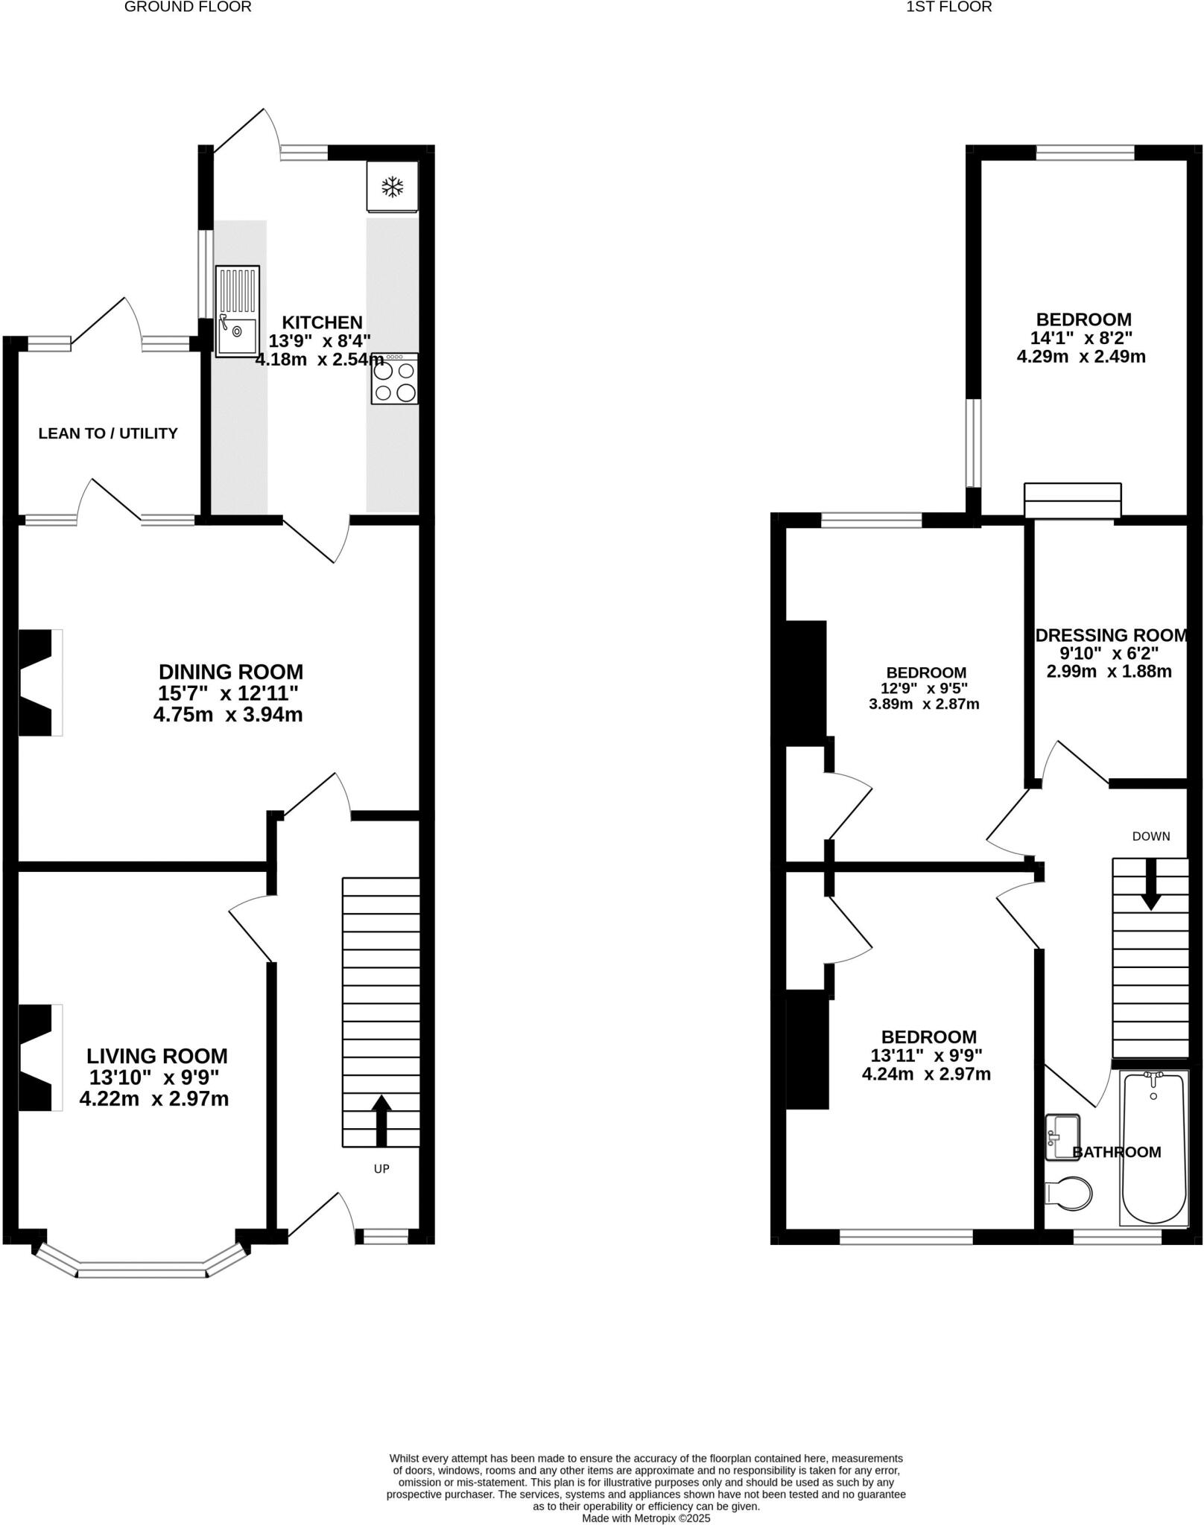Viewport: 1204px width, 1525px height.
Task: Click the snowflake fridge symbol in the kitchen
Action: (392, 187)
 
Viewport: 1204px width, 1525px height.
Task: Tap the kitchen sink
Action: (238, 311)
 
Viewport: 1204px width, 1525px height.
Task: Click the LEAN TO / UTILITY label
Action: (108, 433)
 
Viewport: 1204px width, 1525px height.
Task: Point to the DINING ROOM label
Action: (231, 672)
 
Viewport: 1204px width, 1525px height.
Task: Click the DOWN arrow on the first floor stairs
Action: (1150, 884)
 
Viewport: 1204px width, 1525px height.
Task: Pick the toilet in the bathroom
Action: (1069, 1193)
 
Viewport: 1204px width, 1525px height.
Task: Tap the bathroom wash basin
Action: (1062, 1137)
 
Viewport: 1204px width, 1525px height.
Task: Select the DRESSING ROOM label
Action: (1111, 635)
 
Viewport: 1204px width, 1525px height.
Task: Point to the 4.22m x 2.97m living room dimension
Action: (154, 1098)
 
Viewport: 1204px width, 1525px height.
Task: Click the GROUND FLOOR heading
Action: (188, 7)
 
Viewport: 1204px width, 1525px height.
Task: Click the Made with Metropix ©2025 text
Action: (646, 1518)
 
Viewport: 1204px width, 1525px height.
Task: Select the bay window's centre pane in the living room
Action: (142, 1273)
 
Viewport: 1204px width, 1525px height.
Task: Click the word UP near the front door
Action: (381, 1169)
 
